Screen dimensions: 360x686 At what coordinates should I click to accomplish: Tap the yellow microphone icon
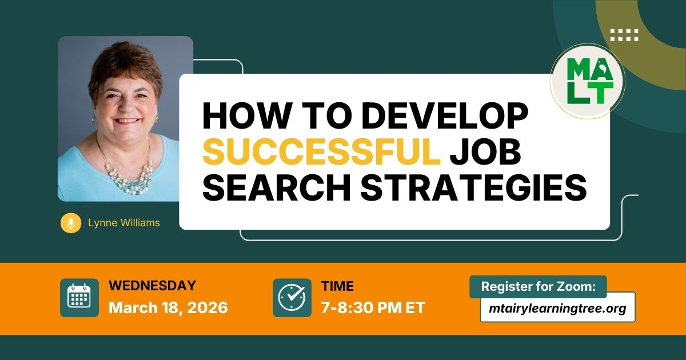click(71, 223)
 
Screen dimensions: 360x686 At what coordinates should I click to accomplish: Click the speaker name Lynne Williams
click(124, 223)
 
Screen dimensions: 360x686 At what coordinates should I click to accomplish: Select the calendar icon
click(79, 298)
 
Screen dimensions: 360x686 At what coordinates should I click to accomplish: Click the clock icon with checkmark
click(292, 298)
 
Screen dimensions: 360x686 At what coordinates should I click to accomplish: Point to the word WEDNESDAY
click(152, 286)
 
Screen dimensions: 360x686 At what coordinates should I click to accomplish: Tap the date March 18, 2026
click(168, 308)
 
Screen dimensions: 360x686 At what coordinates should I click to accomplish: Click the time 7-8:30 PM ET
click(373, 308)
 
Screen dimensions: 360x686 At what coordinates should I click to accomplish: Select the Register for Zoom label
click(538, 287)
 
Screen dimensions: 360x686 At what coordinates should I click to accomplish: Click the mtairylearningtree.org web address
click(557, 309)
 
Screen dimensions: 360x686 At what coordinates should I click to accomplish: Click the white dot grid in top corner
click(624, 35)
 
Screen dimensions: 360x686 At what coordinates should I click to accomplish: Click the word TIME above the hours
click(337, 286)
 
